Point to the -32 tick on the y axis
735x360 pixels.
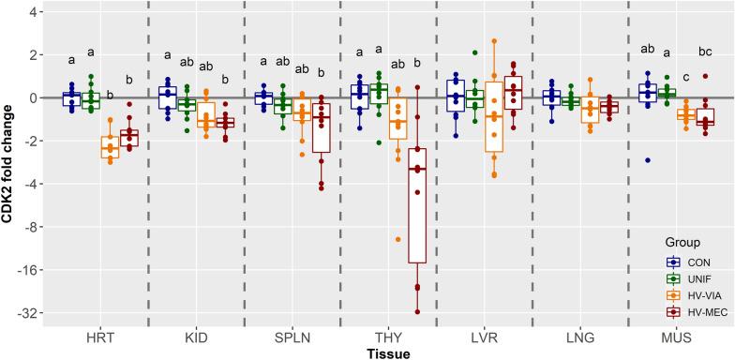[33, 312]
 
